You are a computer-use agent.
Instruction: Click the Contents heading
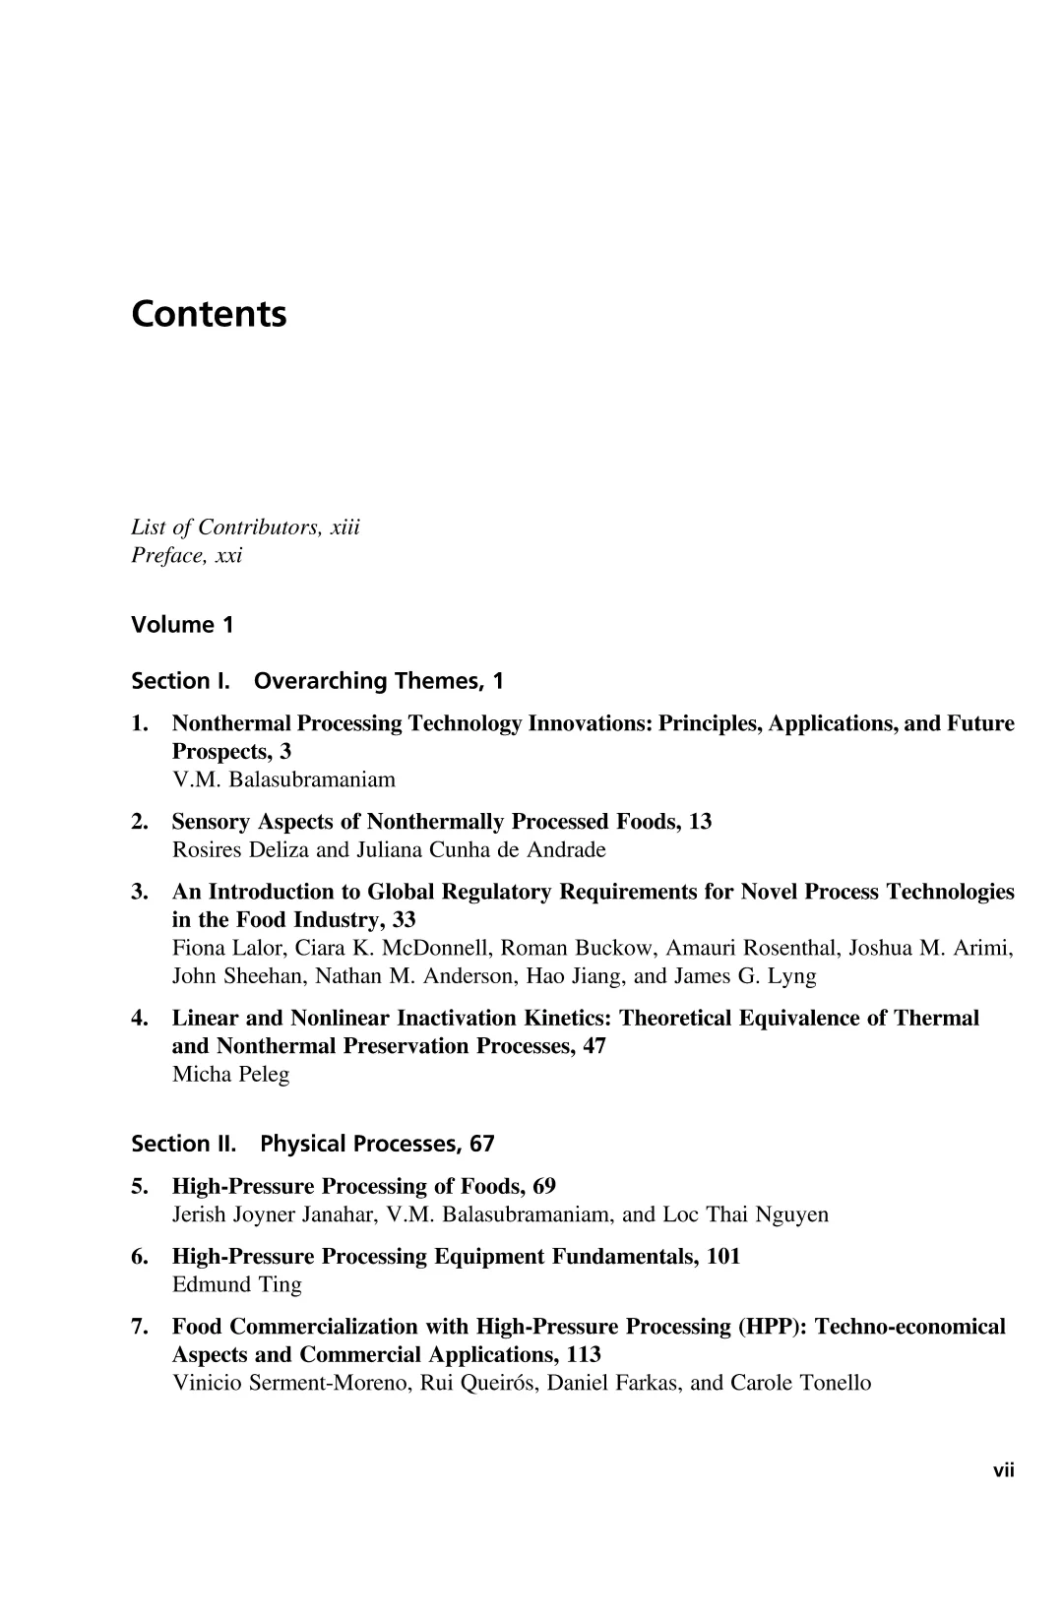(209, 315)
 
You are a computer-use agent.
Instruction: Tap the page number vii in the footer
(1003, 1470)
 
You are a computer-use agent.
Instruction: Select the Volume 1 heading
(182, 625)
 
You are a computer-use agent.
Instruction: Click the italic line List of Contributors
(245, 528)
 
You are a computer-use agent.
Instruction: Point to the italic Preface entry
(186, 556)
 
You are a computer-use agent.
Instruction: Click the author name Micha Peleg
(230, 1074)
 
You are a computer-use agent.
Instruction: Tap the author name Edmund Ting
(236, 1284)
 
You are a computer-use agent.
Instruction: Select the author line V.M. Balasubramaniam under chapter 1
(283, 779)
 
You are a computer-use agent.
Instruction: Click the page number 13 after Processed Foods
(700, 822)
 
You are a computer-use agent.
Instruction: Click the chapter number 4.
(139, 1019)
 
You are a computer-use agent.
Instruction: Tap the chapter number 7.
(139, 1327)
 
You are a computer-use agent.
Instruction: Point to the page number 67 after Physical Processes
(482, 1144)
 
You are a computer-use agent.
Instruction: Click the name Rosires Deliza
(236, 849)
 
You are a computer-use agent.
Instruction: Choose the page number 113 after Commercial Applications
(584, 1355)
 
